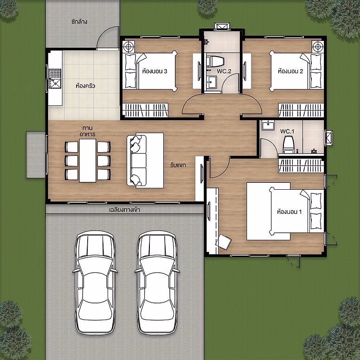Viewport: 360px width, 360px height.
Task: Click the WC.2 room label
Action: coord(224,71)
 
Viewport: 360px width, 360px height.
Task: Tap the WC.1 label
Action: coord(287,132)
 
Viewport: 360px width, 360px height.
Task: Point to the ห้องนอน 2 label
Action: coord(290,71)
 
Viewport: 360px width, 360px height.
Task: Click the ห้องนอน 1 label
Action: coord(289,212)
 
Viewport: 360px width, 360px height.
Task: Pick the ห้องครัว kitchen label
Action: coord(85,86)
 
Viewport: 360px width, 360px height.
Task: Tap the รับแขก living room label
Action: coord(178,165)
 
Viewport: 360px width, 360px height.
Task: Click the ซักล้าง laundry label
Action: coord(79,22)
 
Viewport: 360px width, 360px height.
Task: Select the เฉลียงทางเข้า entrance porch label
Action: coord(124,210)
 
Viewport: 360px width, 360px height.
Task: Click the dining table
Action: coord(88,161)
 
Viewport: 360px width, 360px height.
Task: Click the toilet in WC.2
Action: coord(215,61)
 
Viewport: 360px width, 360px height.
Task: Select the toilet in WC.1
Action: coord(289,144)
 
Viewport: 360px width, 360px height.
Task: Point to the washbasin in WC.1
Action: coord(268,125)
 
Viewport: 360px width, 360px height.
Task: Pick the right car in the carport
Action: coord(157,283)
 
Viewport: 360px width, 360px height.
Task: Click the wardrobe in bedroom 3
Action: coord(145,110)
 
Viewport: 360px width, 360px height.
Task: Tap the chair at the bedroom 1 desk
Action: coord(224,242)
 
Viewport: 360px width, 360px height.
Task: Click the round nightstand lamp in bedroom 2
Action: coord(318,47)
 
